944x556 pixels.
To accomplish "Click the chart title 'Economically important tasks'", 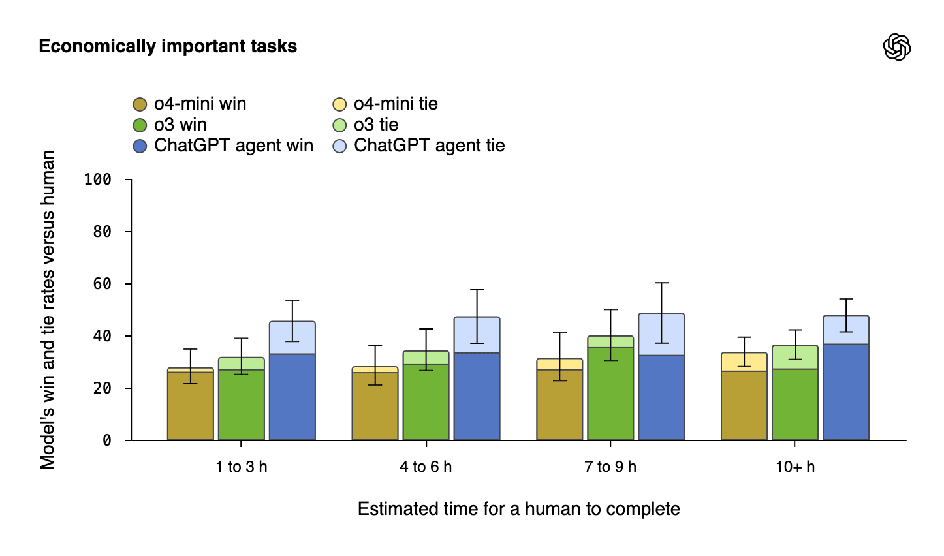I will [x=168, y=46].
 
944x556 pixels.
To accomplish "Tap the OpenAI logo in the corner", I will [x=896, y=47].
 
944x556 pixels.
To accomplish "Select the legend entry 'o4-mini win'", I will [x=190, y=104].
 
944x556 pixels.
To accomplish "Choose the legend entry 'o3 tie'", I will [x=366, y=125].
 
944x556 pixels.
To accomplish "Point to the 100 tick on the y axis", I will [x=98, y=179].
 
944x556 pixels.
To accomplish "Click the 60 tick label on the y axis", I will [x=102, y=284].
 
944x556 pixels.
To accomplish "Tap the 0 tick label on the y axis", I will [x=107, y=440].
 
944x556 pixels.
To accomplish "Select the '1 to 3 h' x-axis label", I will [x=242, y=467].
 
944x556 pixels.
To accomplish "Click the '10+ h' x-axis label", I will [x=795, y=467].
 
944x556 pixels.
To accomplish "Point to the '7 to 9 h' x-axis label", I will [x=610, y=467].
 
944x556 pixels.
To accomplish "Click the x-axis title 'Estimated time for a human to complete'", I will [x=518, y=509].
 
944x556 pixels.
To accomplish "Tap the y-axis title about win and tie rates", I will [x=48, y=310].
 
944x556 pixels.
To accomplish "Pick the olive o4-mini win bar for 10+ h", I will [x=744, y=405].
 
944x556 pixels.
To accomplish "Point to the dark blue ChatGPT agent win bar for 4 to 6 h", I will [x=477, y=396].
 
